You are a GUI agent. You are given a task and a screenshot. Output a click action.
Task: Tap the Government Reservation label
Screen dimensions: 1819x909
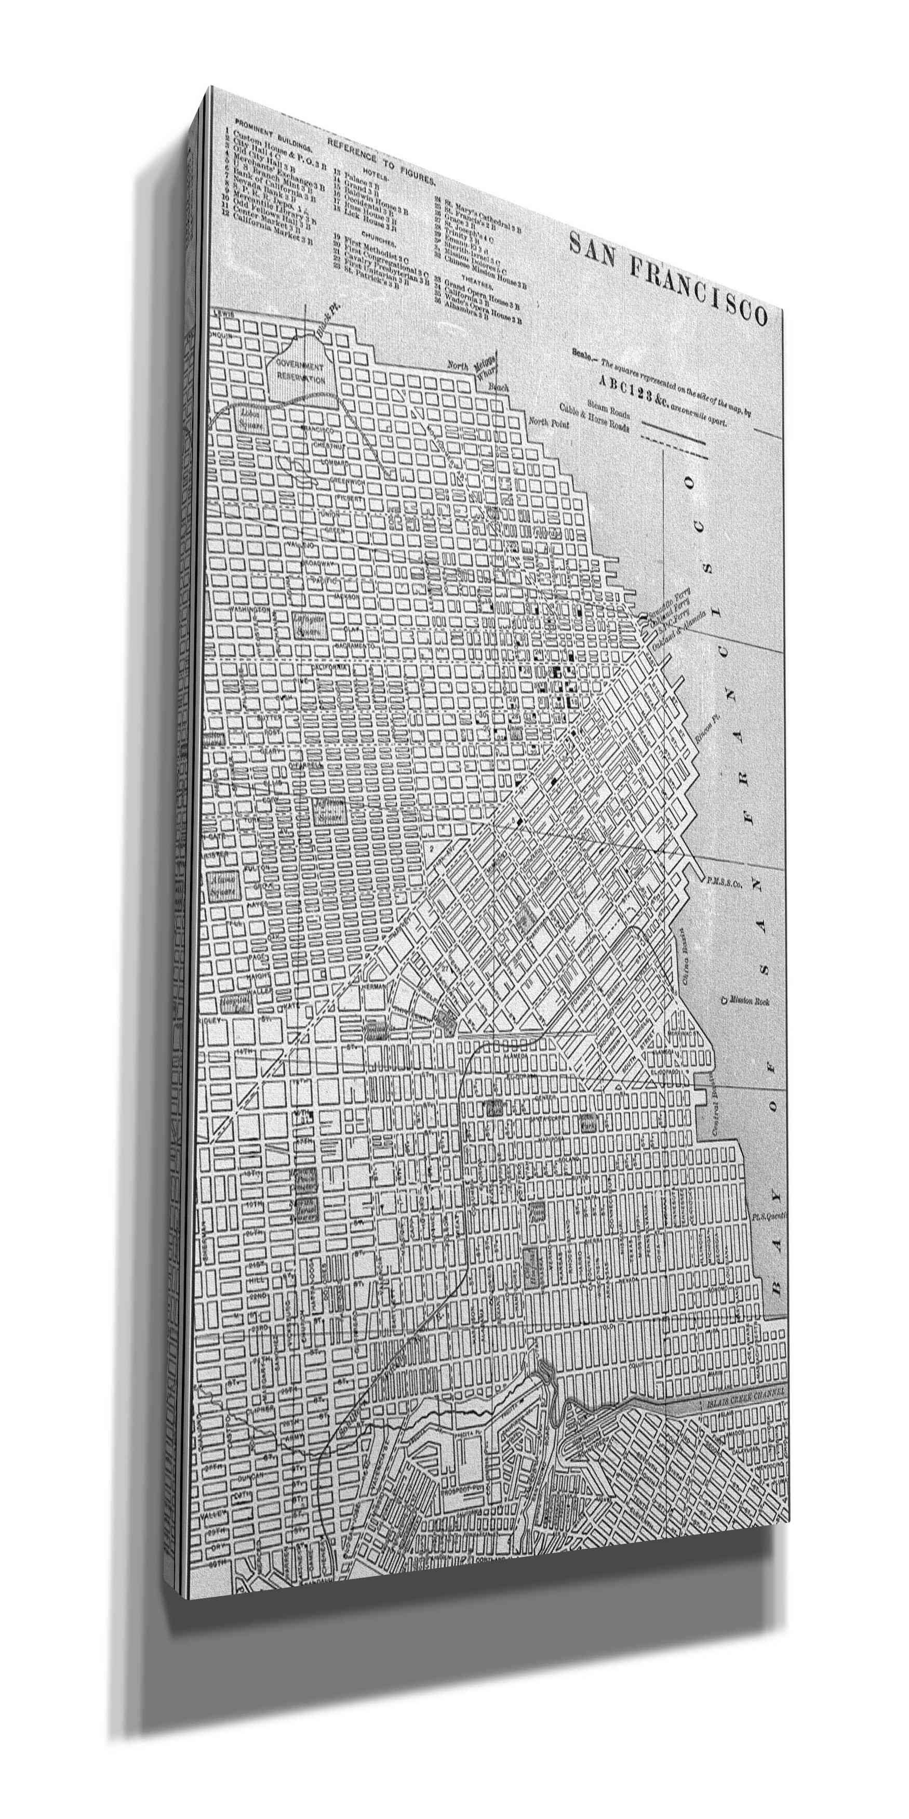click(x=300, y=372)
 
